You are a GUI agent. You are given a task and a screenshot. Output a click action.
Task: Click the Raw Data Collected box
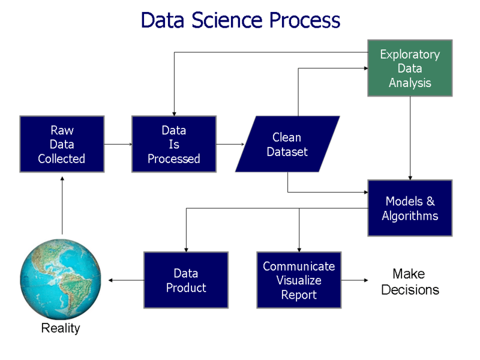[62, 145]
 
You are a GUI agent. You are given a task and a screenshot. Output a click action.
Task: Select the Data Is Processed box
[174, 145]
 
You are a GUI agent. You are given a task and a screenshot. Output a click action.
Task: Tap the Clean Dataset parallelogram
[287, 145]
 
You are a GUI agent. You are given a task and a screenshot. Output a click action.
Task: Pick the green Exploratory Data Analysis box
[410, 68]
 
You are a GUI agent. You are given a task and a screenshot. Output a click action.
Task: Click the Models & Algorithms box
[410, 208]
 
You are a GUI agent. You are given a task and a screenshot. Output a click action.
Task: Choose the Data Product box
[186, 280]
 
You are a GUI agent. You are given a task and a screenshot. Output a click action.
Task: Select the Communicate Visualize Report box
[299, 280]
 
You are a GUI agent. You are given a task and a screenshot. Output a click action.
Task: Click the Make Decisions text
[410, 282]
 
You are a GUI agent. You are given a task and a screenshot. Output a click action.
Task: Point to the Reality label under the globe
[60, 328]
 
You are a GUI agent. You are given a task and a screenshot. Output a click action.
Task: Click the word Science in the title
[228, 20]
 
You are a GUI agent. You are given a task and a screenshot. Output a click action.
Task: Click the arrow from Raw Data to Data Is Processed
[118, 144]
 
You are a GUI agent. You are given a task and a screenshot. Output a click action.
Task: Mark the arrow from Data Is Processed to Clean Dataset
[230, 144]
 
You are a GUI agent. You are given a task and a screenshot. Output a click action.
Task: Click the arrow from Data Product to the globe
[126, 280]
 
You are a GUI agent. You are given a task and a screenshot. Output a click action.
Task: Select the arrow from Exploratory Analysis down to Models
[410, 138]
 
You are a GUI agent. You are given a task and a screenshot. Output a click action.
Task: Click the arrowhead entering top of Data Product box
[186, 248]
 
